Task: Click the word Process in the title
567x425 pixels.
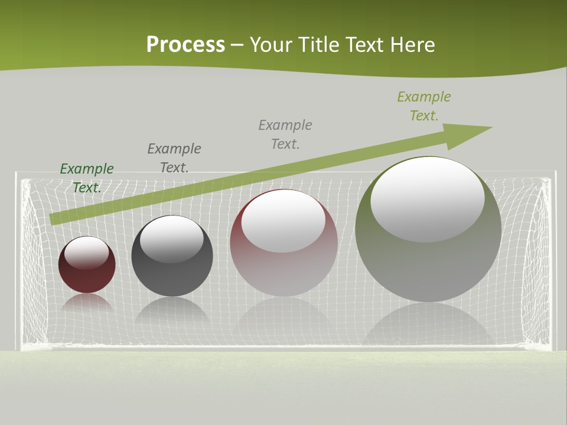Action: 185,45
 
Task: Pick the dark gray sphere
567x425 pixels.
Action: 172,274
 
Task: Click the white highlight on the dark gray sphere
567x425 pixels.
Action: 172,240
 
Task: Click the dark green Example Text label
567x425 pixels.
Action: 87,178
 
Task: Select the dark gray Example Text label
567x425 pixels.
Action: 174,158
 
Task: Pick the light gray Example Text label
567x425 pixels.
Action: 285,134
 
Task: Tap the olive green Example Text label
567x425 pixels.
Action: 424,106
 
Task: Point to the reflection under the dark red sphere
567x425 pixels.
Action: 87,303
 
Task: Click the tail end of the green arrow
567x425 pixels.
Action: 54,218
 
